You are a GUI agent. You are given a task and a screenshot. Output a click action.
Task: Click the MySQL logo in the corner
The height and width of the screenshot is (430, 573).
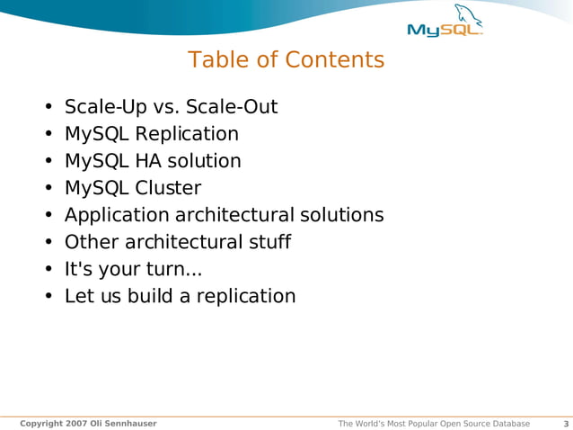click(x=445, y=29)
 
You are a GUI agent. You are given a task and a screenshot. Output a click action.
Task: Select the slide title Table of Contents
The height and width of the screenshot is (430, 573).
click(x=286, y=60)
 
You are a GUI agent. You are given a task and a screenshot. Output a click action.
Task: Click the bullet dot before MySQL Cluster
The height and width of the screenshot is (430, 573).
click(x=48, y=189)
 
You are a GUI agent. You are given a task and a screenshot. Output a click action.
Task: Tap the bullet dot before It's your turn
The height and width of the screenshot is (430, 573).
click(x=48, y=270)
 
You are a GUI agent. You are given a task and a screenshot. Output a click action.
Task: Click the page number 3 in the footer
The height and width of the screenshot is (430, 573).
click(x=565, y=424)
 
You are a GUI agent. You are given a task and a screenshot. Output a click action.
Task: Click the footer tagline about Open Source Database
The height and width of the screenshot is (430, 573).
click(x=433, y=424)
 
